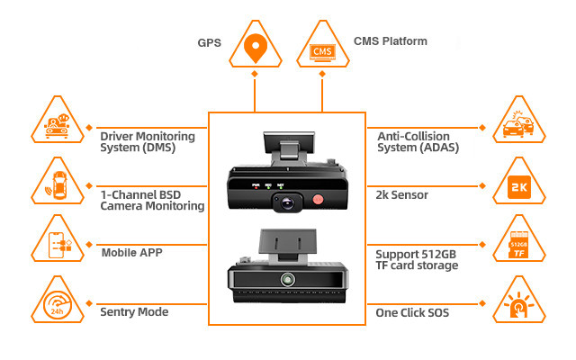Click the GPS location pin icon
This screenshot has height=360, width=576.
pos(256,45)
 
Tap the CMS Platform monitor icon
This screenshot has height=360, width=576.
pos(323,49)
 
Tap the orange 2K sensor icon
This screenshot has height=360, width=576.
pos(519,188)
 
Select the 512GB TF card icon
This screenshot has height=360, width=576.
pos(519,244)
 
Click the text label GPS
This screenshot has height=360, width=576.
pos(209,42)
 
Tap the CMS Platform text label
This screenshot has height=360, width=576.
pos(390,41)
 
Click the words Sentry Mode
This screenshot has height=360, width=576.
pos(133,311)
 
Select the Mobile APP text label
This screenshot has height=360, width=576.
pos(131,253)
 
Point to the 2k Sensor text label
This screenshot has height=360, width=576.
pos(403,193)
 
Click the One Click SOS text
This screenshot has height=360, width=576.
pos(411,311)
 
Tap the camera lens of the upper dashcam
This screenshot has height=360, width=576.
pos(285,203)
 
